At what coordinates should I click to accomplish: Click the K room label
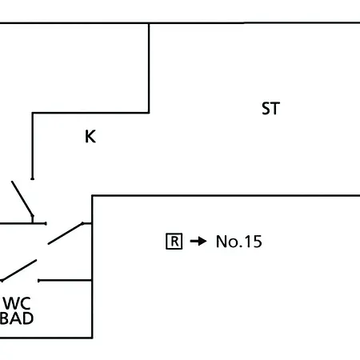(90, 137)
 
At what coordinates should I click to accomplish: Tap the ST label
(270, 109)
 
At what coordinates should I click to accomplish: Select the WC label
(17, 303)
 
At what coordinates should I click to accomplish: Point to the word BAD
(17, 318)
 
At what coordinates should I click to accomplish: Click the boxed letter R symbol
(174, 242)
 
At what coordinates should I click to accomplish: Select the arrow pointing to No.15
(198, 242)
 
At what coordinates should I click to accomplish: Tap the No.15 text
(239, 242)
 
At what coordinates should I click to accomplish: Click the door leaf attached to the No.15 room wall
(66, 233)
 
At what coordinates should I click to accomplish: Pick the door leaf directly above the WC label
(18, 270)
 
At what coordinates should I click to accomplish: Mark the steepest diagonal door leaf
(22, 198)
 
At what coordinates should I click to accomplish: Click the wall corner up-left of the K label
(33, 113)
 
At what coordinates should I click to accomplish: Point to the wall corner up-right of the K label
(149, 113)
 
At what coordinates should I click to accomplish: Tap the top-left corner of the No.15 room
(92, 196)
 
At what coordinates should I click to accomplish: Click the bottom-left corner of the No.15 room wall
(92, 338)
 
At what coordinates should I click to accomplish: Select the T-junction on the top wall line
(149, 23)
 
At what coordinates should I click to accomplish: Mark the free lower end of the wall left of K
(32, 178)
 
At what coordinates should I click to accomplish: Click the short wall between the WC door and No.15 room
(66, 281)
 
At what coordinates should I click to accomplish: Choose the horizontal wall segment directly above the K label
(90, 113)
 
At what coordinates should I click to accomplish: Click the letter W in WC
(11, 303)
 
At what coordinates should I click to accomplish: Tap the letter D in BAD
(28, 318)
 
